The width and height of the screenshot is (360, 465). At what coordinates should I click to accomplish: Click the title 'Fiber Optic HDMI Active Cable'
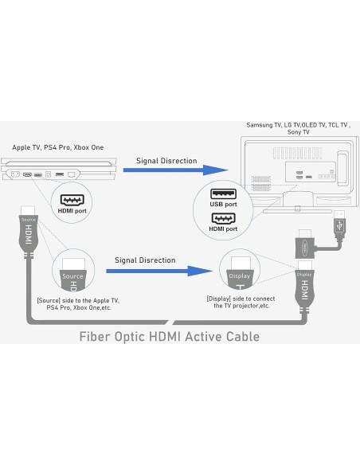coord(169,336)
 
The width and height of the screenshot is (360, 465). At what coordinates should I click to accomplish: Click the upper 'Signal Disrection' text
coord(166,160)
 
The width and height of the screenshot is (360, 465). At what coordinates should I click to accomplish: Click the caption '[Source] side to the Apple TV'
coord(78,304)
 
